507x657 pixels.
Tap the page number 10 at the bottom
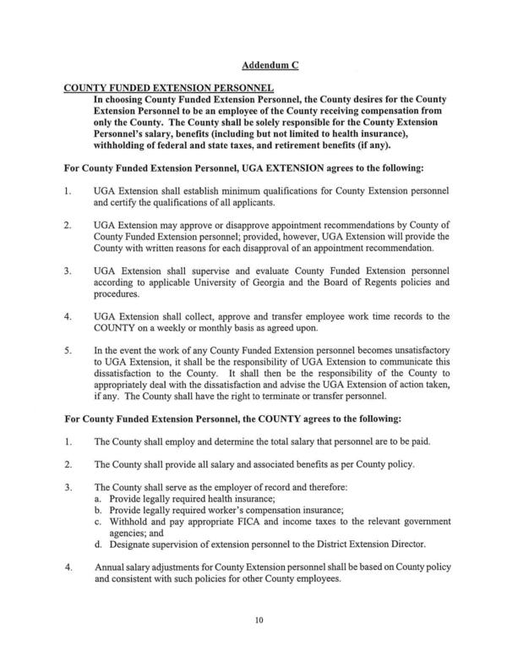click(259, 621)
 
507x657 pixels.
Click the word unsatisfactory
click(416, 348)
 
